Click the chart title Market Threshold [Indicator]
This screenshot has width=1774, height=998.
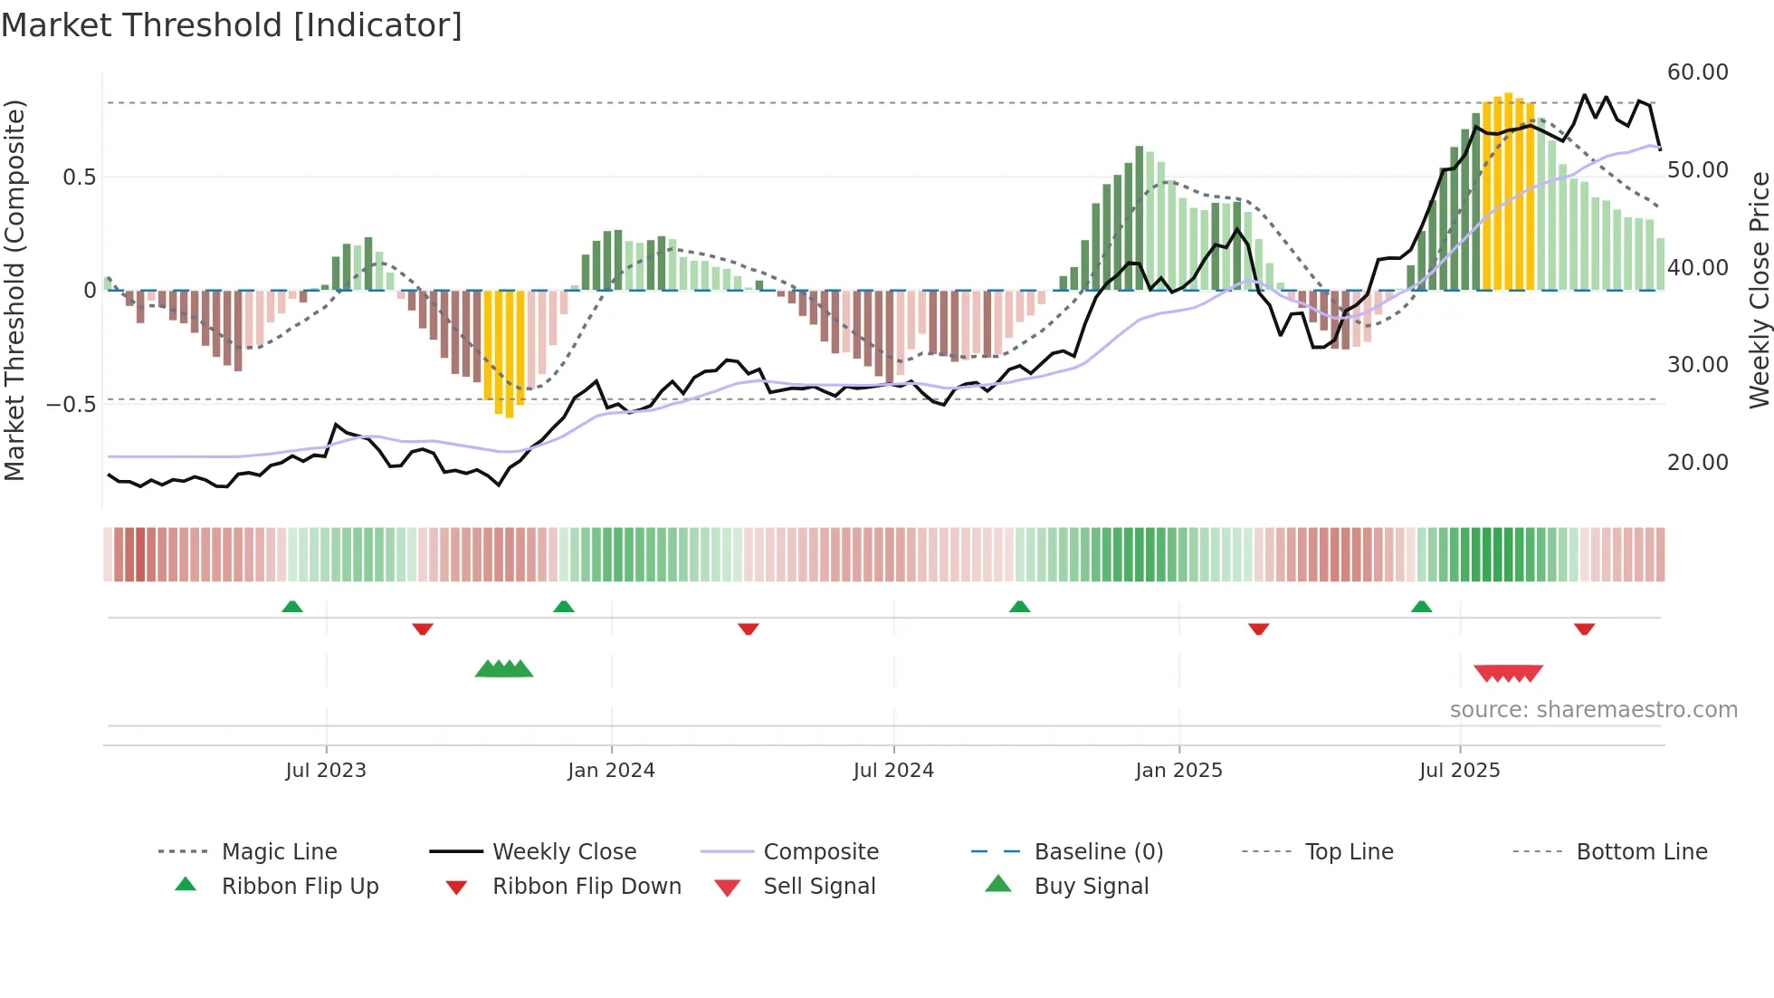point(232,25)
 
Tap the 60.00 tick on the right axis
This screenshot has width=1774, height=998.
point(1697,72)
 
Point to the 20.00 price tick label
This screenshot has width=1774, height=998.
point(1697,463)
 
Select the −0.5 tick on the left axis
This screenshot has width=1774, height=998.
point(72,404)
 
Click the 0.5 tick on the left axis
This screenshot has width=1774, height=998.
point(79,177)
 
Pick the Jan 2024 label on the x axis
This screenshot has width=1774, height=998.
point(611,771)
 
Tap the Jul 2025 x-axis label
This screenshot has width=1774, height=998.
point(1459,771)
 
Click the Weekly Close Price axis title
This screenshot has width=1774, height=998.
point(1759,290)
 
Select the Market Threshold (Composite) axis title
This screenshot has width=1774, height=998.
point(14,290)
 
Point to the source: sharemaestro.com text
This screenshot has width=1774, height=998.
point(1593,710)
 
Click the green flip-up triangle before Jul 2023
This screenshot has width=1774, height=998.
point(291,607)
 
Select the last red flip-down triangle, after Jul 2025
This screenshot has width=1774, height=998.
point(1584,629)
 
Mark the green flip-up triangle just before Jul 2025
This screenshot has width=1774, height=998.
point(1421,607)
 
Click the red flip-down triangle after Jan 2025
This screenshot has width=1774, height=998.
point(1258,629)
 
